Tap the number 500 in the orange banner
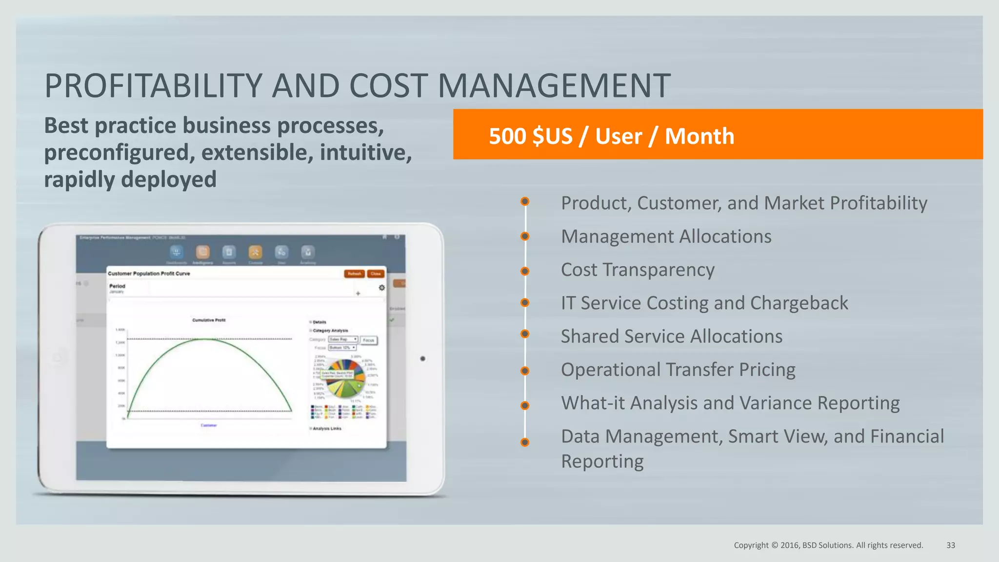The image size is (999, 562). point(507,136)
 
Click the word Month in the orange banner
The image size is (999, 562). point(699,136)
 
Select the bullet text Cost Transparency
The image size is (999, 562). point(637,270)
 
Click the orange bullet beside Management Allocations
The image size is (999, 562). point(525,237)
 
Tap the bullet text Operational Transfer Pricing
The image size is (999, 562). point(678,370)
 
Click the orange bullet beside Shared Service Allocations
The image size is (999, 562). point(525,334)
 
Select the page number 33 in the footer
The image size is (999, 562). point(950,545)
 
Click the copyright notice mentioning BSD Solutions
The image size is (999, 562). point(828,545)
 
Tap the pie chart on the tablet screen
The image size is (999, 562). point(345,379)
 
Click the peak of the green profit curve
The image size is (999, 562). point(209,339)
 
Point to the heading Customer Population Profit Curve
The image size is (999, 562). point(149,274)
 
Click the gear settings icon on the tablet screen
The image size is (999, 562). point(381,288)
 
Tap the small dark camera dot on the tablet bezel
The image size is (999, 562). point(422,359)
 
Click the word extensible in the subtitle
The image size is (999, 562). point(257,152)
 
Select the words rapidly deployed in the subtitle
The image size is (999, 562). point(130,180)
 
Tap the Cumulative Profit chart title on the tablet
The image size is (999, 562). point(209,320)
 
